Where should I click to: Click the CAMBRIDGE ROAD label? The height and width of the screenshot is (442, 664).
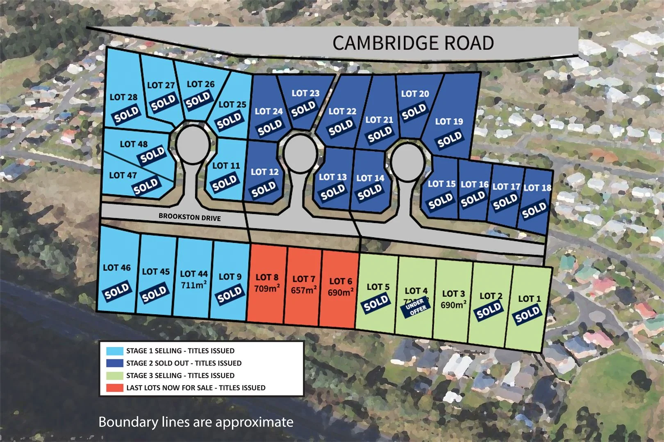pos(413,43)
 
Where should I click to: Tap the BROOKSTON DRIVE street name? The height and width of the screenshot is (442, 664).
pos(189,217)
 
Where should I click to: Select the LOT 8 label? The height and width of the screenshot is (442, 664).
pos(267,277)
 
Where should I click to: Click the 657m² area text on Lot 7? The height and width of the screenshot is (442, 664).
pos(304,290)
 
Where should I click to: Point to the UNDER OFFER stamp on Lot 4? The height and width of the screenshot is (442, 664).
pos(416,307)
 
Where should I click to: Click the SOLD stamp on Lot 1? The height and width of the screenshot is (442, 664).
pos(528,314)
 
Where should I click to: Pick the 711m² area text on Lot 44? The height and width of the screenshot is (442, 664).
pos(193,284)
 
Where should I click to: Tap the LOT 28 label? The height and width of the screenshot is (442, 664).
pos(123,97)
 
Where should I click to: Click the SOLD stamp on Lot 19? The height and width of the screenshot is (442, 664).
pos(450,140)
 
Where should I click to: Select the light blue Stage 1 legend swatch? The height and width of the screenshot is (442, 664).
pos(115,351)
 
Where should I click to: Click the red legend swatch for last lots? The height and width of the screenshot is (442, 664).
pos(115,388)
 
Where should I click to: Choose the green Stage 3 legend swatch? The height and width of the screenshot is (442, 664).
pos(115,375)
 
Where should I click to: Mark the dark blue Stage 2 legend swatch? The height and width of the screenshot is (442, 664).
pos(115,363)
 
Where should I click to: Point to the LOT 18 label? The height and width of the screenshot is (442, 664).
pos(537,188)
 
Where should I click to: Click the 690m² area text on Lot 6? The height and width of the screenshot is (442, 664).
pos(340,292)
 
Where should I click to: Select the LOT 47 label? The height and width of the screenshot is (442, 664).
pos(123,175)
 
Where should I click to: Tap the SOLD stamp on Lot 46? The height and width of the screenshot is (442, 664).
pos(117,291)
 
